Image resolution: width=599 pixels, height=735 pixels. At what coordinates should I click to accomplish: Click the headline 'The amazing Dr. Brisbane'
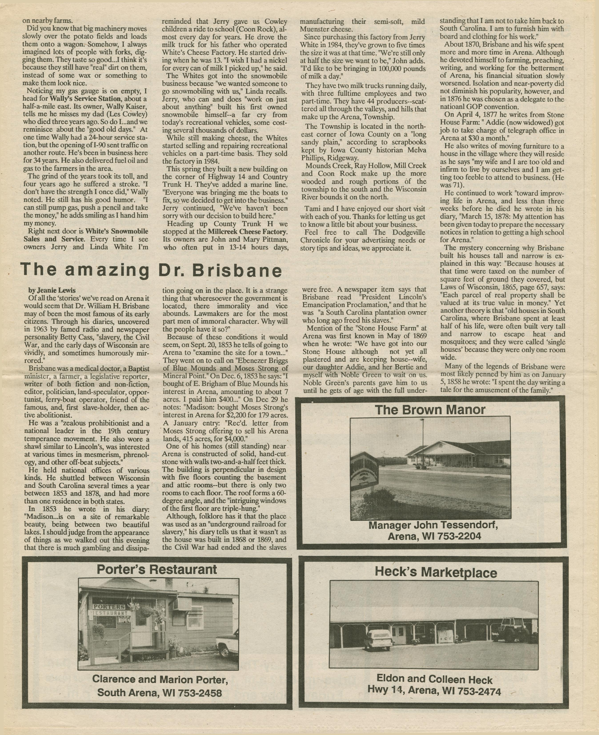(x=151, y=270)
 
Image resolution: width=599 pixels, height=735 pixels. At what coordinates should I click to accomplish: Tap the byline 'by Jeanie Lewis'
(x=52, y=290)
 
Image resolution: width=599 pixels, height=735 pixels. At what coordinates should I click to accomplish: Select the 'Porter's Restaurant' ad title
(x=157, y=569)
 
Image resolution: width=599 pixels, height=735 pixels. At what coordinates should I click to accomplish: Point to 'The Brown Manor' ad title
(x=430, y=410)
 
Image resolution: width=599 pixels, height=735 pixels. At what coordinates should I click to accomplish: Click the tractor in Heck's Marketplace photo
(x=514, y=630)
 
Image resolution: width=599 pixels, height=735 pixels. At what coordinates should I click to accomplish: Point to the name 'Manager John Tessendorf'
(x=433, y=526)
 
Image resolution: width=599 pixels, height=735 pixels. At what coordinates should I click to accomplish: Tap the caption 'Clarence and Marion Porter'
(x=160, y=680)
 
